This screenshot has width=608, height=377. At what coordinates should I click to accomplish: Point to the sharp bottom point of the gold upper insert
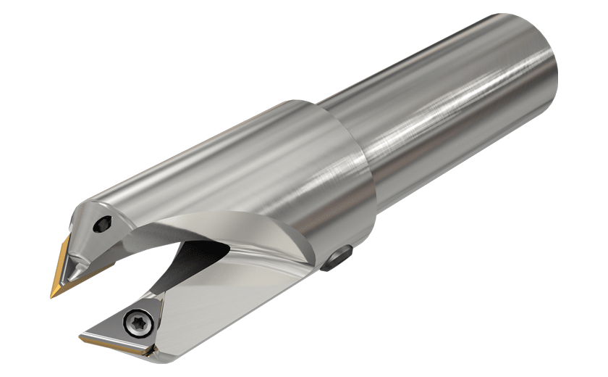coord(54,296)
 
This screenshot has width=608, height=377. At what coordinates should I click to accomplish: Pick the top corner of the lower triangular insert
coord(154,292)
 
